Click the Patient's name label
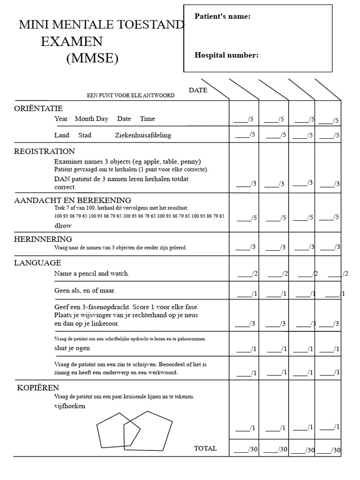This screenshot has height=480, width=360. pos(222,17)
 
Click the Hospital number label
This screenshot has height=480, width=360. pos(226,55)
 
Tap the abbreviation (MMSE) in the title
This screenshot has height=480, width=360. pos(92,59)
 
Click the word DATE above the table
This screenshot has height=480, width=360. pos(198,90)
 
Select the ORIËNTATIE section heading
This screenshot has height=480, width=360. pos(38,108)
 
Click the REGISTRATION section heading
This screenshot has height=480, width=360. pos(45,151)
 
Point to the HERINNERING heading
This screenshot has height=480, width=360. pos(43,239)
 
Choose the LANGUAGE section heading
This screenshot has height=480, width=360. pos(37,263)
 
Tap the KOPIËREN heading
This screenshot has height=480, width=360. pos(38,388)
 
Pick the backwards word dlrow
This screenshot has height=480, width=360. pos(64,225)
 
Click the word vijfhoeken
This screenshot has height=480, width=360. pos(70,406)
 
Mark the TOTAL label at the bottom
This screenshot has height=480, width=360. pos(205,449)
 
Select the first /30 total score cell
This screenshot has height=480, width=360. pos(246,450)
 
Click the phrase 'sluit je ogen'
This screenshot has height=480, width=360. pos(72,348)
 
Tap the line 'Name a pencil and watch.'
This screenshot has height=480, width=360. pos(91,273)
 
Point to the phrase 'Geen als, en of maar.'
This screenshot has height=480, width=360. pos(84,291)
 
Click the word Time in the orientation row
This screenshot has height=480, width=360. pos(147,119)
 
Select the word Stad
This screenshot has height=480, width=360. pos(85,135)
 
